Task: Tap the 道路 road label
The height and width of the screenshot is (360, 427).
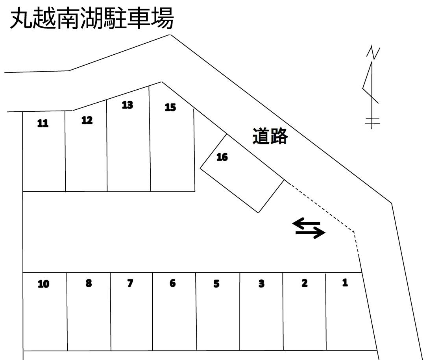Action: coord(270,137)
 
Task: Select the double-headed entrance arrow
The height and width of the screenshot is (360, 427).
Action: coord(309,229)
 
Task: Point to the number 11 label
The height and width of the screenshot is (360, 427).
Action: coord(43,124)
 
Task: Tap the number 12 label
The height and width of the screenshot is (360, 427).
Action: coord(87,120)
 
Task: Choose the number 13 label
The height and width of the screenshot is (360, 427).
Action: coord(128,105)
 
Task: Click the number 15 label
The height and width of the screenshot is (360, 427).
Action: coord(170,107)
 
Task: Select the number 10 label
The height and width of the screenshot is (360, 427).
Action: coord(44,284)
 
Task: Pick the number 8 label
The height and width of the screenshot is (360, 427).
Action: coord(89,283)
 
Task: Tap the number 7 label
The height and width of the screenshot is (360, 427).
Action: coord(131,283)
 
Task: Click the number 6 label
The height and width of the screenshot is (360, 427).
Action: coord(172,283)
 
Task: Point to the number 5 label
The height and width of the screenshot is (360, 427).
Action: coord(216,284)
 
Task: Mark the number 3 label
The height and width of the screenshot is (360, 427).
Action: coord(261,284)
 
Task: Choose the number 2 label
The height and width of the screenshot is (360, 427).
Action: coord(304,283)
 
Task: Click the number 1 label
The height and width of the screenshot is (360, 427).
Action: coord(345,282)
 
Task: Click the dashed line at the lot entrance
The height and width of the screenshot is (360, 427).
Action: coord(323,207)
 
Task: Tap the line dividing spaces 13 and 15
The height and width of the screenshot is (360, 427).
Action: coord(150,138)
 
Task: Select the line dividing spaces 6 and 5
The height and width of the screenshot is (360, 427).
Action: coord(196,311)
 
